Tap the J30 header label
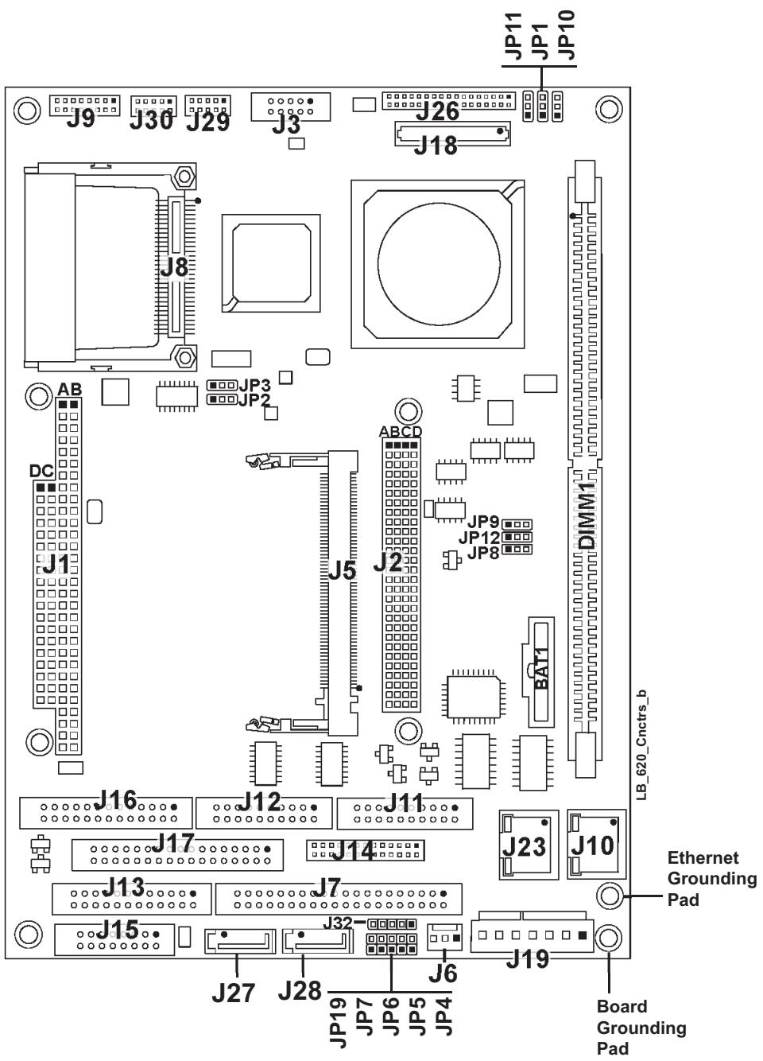(x=152, y=121)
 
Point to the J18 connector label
(x=436, y=146)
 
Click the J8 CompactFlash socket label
(x=174, y=267)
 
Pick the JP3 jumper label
(x=254, y=386)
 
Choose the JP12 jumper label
(x=479, y=538)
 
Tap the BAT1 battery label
(x=541, y=668)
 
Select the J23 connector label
(x=524, y=846)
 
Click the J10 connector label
(x=593, y=845)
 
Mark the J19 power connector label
(x=527, y=959)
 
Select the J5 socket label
(x=342, y=569)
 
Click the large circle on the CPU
(x=439, y=263)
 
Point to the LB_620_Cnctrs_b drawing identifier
(x=641, y=745)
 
